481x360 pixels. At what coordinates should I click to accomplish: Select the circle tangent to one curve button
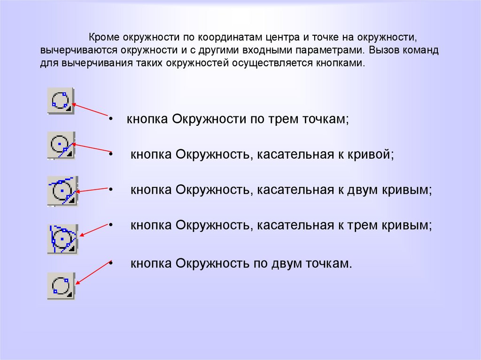61,146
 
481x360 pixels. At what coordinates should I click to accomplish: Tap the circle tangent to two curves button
62,191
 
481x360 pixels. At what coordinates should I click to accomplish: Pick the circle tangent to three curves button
62,239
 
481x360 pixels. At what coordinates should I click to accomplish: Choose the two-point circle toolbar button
61,286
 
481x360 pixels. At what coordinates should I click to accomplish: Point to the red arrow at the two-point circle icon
93,272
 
